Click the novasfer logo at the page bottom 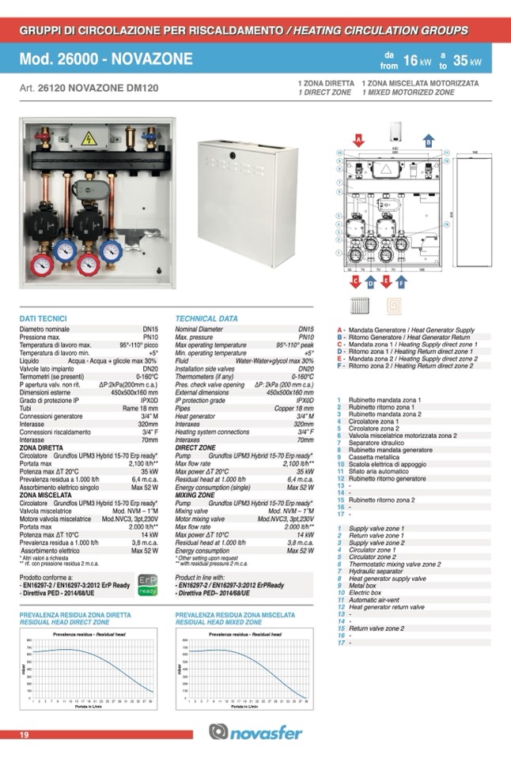pyautogui.click(x=255, y=733)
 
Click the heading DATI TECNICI pyautogui.click(x=47, y=319)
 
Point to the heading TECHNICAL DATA pyautogui.click(x=206, y=319)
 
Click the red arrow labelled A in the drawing pyautogui.click(x=358, y=141)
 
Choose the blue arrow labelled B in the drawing pyautogui.click(x=428, y=141)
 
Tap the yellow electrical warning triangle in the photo pyautogui.click(x=89, y=138)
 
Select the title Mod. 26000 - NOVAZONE pyautogui.click(x=106, y=60)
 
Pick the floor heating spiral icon pyautogui.click(x=393, y=305)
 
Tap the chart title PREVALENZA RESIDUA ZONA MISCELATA pyautogui.click(x=235, y=614)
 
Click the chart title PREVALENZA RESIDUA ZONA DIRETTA pyautogui.click(x=73, y=614)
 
